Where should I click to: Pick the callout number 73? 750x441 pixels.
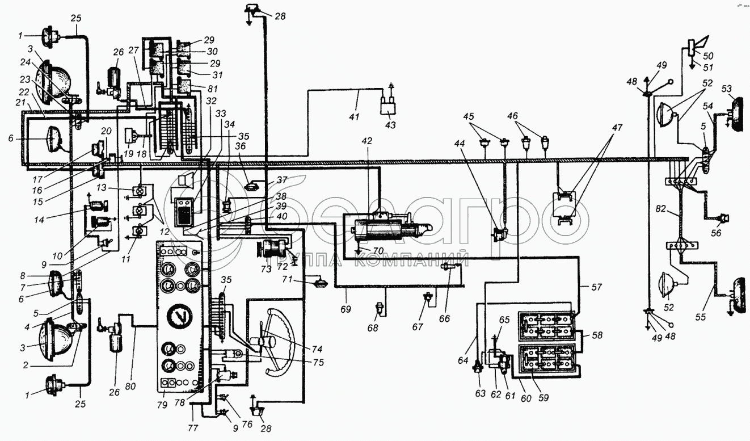click(266, 269)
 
